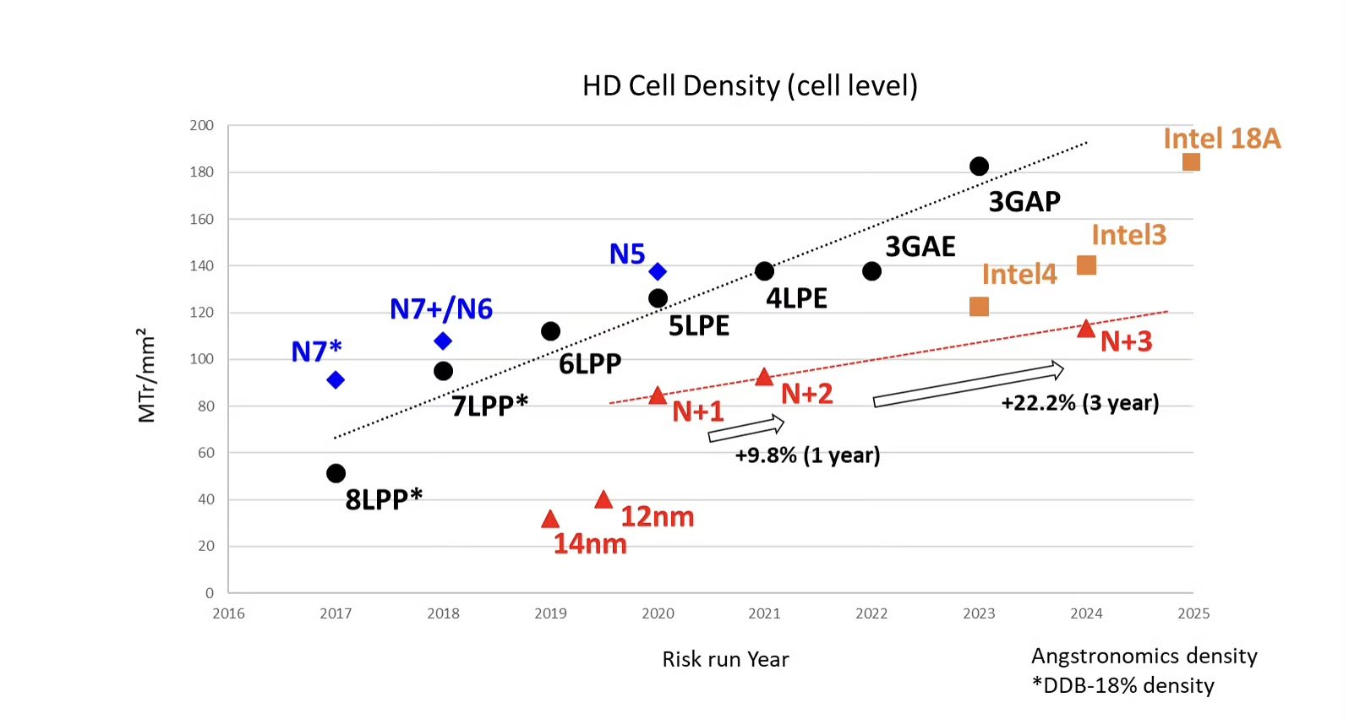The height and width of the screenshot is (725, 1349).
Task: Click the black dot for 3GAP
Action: pos(979,166)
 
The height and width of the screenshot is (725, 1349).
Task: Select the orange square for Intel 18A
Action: pos(1191,162)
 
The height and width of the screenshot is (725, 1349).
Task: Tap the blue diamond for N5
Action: pos(658,271)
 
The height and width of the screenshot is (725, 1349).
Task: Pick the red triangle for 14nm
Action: pos(550,520)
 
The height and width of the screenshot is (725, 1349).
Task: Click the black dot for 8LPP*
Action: pos(336,473)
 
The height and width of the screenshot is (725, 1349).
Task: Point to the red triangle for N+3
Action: pos(1086,329)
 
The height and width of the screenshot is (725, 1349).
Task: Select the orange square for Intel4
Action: pos(979,307)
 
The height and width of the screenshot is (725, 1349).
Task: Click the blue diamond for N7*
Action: pos(336,380)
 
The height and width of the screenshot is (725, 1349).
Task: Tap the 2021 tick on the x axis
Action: pos(764,613)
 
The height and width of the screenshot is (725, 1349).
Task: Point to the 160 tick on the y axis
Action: pos(202,219)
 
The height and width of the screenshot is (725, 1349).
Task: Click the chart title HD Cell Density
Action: pos(750,86)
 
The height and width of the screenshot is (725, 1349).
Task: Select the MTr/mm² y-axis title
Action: pos(147,375)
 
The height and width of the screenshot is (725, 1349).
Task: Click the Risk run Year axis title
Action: pos(725,659)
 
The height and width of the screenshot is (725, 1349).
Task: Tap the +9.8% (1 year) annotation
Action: pos(807,455)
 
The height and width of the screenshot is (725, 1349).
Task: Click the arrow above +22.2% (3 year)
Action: pos(968,384)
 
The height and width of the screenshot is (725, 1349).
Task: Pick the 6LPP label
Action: pos(590,364)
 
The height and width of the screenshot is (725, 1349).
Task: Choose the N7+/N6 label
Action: pos(440,309)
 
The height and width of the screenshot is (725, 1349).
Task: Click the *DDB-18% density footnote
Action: pos(1122,685)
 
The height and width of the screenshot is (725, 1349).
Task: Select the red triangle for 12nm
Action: pos(603,500)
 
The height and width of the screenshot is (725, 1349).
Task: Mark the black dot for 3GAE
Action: pos(871,271)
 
